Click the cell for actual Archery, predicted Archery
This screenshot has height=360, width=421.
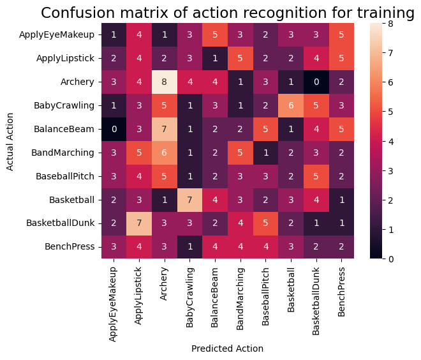164,82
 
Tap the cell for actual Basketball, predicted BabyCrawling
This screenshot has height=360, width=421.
189,199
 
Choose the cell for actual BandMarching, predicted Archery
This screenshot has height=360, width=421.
164,153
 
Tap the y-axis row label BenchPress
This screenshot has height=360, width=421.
72,246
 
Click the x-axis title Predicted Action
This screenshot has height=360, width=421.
227,349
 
